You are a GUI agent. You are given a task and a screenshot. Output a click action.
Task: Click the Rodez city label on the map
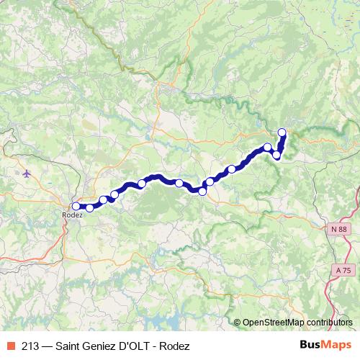(x=72, y=215)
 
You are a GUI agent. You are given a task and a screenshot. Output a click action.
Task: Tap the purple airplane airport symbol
(x=27, y=174)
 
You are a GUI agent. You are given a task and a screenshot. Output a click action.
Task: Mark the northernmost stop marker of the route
(x=282, y=132)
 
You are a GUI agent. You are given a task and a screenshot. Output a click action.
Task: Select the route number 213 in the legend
(x=31, y=346)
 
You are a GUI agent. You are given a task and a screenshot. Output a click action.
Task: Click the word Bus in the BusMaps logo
(x=310, y=346)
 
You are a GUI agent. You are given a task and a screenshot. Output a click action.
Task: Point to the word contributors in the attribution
(x=330, y=323)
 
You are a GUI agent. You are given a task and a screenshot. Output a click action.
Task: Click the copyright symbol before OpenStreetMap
(x=237, y=323)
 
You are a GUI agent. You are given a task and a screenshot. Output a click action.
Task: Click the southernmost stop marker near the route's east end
(x=276, y=156)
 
